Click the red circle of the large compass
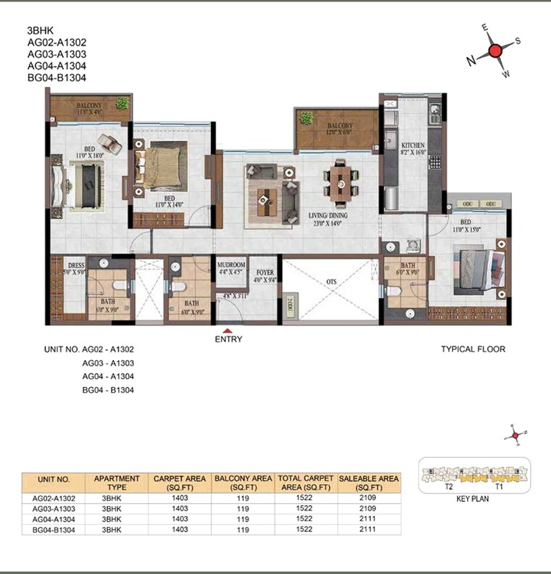(x=496, y=51)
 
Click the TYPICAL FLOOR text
(x=473, y=349)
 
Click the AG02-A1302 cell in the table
(x=53, y=499)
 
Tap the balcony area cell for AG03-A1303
(x=244, y=509)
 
